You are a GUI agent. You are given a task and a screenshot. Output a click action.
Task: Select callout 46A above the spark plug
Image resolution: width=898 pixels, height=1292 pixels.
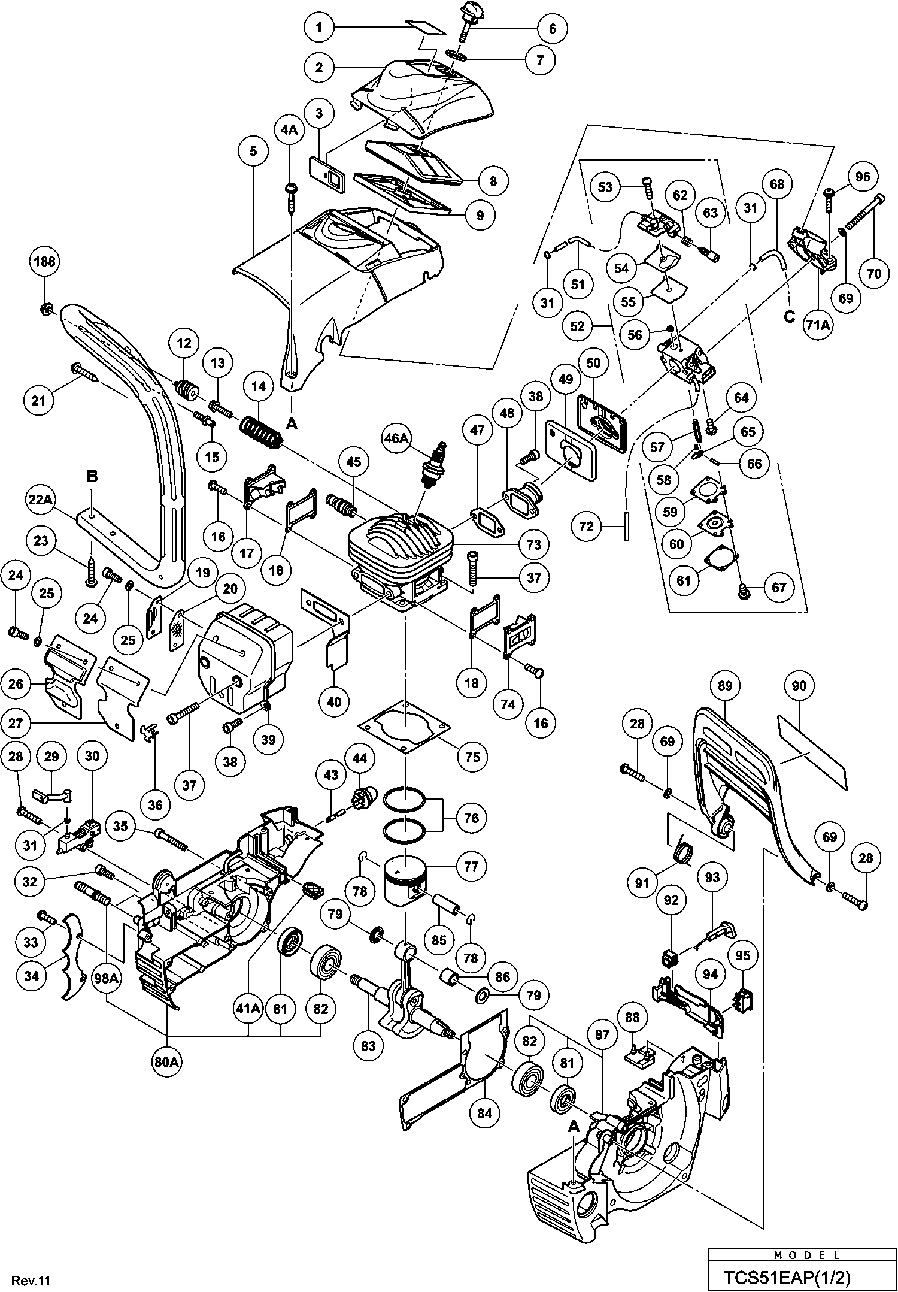(x=396, y=438)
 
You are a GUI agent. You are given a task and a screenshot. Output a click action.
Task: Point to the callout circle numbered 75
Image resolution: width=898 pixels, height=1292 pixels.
(x=472, y=756)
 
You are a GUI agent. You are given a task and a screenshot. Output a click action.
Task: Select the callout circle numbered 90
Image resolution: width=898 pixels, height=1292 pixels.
(x=799, y=686)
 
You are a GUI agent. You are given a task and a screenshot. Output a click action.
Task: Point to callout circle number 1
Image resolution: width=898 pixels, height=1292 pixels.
(x=320, y=28)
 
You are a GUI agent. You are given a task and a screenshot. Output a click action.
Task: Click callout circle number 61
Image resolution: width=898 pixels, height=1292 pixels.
(x=684, y=580)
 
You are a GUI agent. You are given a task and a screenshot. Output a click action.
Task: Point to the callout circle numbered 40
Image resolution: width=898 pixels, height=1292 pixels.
(x=334, y=700)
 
